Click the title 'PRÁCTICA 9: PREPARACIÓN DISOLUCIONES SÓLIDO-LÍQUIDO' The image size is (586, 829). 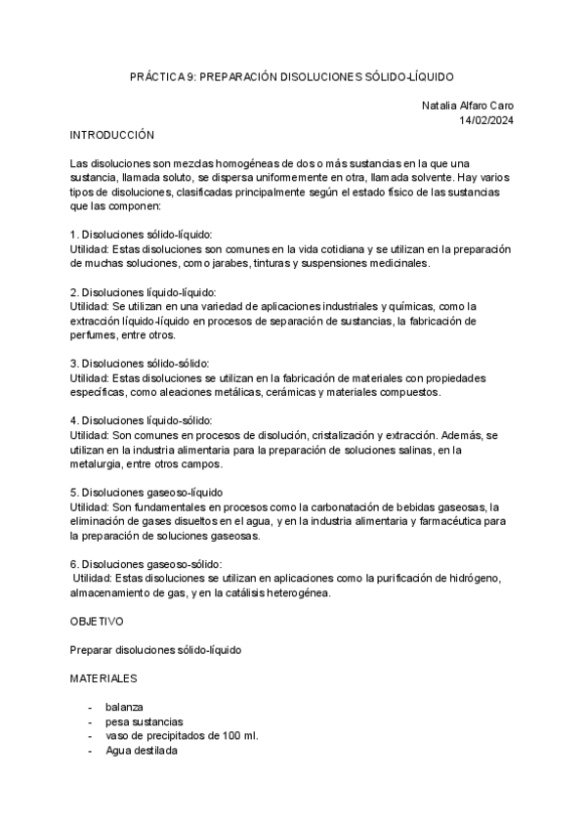click(x=292, y=76)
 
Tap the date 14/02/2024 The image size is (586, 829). click(x=486, y=119)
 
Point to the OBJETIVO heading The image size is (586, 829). click(x=97, y=621)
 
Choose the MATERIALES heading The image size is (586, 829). click(x=104, y=676)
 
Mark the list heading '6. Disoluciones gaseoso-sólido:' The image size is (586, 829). click(x=146, y=564)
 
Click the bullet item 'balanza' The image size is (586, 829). click(x=125, y=708)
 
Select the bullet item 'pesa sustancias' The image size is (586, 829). click(x=144, y=721)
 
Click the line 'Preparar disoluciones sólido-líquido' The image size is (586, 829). click(x=156, y=649)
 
